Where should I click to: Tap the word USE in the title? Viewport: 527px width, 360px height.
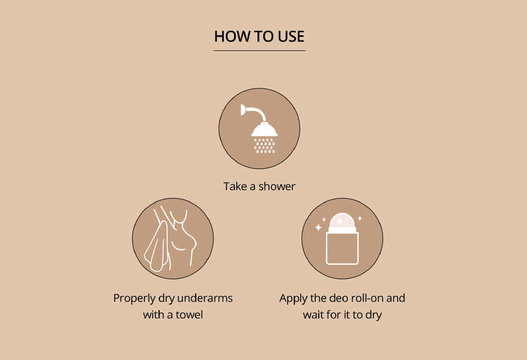[291, 36]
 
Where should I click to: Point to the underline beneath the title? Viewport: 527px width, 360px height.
[259, 51]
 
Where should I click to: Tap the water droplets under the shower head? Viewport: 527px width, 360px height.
[264, 145]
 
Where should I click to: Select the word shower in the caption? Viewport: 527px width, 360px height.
[277, 186]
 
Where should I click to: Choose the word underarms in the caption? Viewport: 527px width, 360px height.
[205, 298]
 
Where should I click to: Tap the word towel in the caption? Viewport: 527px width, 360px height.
[189, 315]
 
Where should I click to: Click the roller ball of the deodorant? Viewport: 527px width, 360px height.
[342, 220]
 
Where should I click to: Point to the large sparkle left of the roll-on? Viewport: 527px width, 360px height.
[318, 228]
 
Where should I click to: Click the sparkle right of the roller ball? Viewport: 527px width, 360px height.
[360, 219]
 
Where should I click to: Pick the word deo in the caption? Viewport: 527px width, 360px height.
[338, 298]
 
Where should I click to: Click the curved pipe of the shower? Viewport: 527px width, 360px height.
[258, 112]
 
